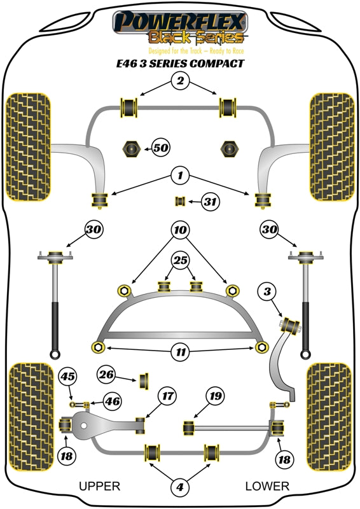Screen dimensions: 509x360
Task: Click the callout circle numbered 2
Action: (x=180, y=81)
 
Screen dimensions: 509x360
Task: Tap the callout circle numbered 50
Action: (x=160, y=148)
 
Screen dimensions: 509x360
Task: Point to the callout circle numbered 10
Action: (x=180, y=229)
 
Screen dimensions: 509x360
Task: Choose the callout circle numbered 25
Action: (x=180, y=261)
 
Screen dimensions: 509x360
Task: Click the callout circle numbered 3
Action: (x=268, y=292)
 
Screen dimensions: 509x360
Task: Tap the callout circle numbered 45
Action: (x=67, y=377)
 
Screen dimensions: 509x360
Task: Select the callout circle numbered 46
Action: (x=111, y=401)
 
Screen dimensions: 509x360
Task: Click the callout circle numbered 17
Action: (x=167, y=396)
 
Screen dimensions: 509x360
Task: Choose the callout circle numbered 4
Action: (x=180, y=488)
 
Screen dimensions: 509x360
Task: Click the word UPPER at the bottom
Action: (x=99, y=487)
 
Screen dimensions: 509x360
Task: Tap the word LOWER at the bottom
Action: (x=267, y=487)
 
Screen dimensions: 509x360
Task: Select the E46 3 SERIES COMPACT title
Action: (x=180, y=64)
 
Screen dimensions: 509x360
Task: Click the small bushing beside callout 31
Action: (x=180, y=202)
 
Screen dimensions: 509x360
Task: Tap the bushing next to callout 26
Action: (x=144, y=380)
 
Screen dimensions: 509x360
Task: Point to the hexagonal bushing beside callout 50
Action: (x=130, y=149)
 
